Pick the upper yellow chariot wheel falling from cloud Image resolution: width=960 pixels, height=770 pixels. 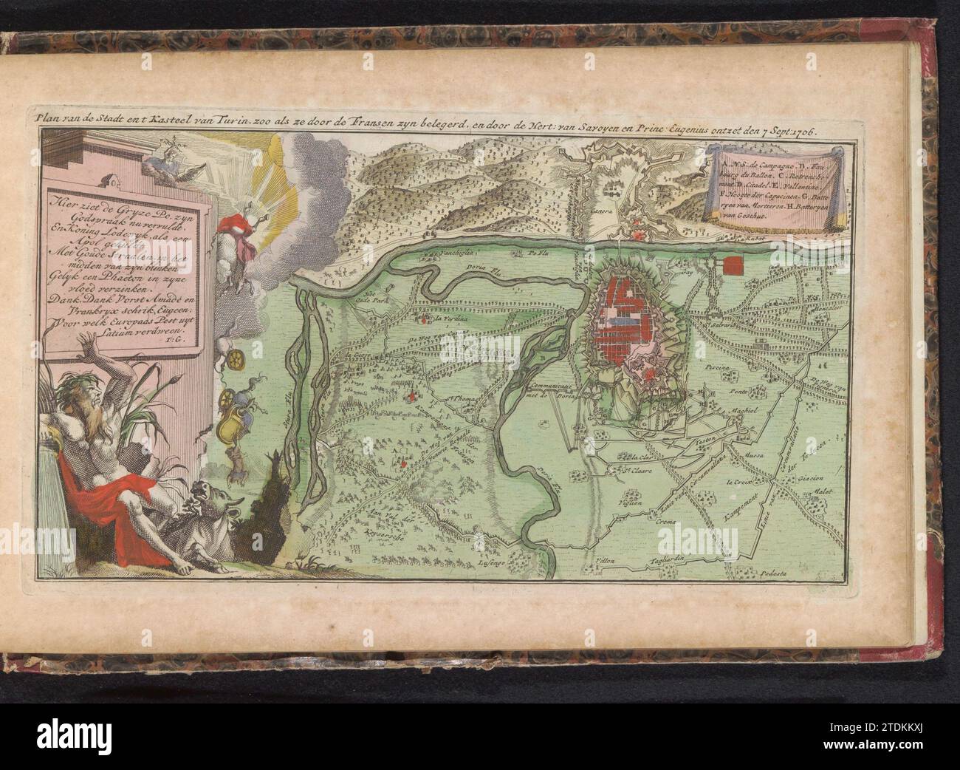click(x=239, y=359)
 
